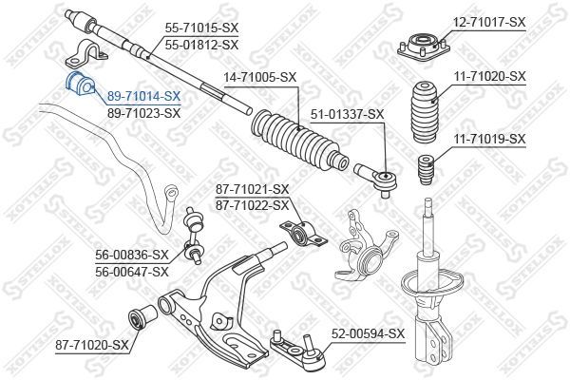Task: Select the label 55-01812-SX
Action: tap(201, 45)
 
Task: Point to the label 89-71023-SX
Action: tap(143, 112)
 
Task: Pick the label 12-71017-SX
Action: tap(489, 21)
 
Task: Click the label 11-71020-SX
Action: tap(489, 75)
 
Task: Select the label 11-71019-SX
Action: tap(489, 139)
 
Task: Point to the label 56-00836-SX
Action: tap(131, 255)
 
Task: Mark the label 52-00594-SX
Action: tap(368, 334)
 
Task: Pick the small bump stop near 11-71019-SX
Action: tap(427, 167)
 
